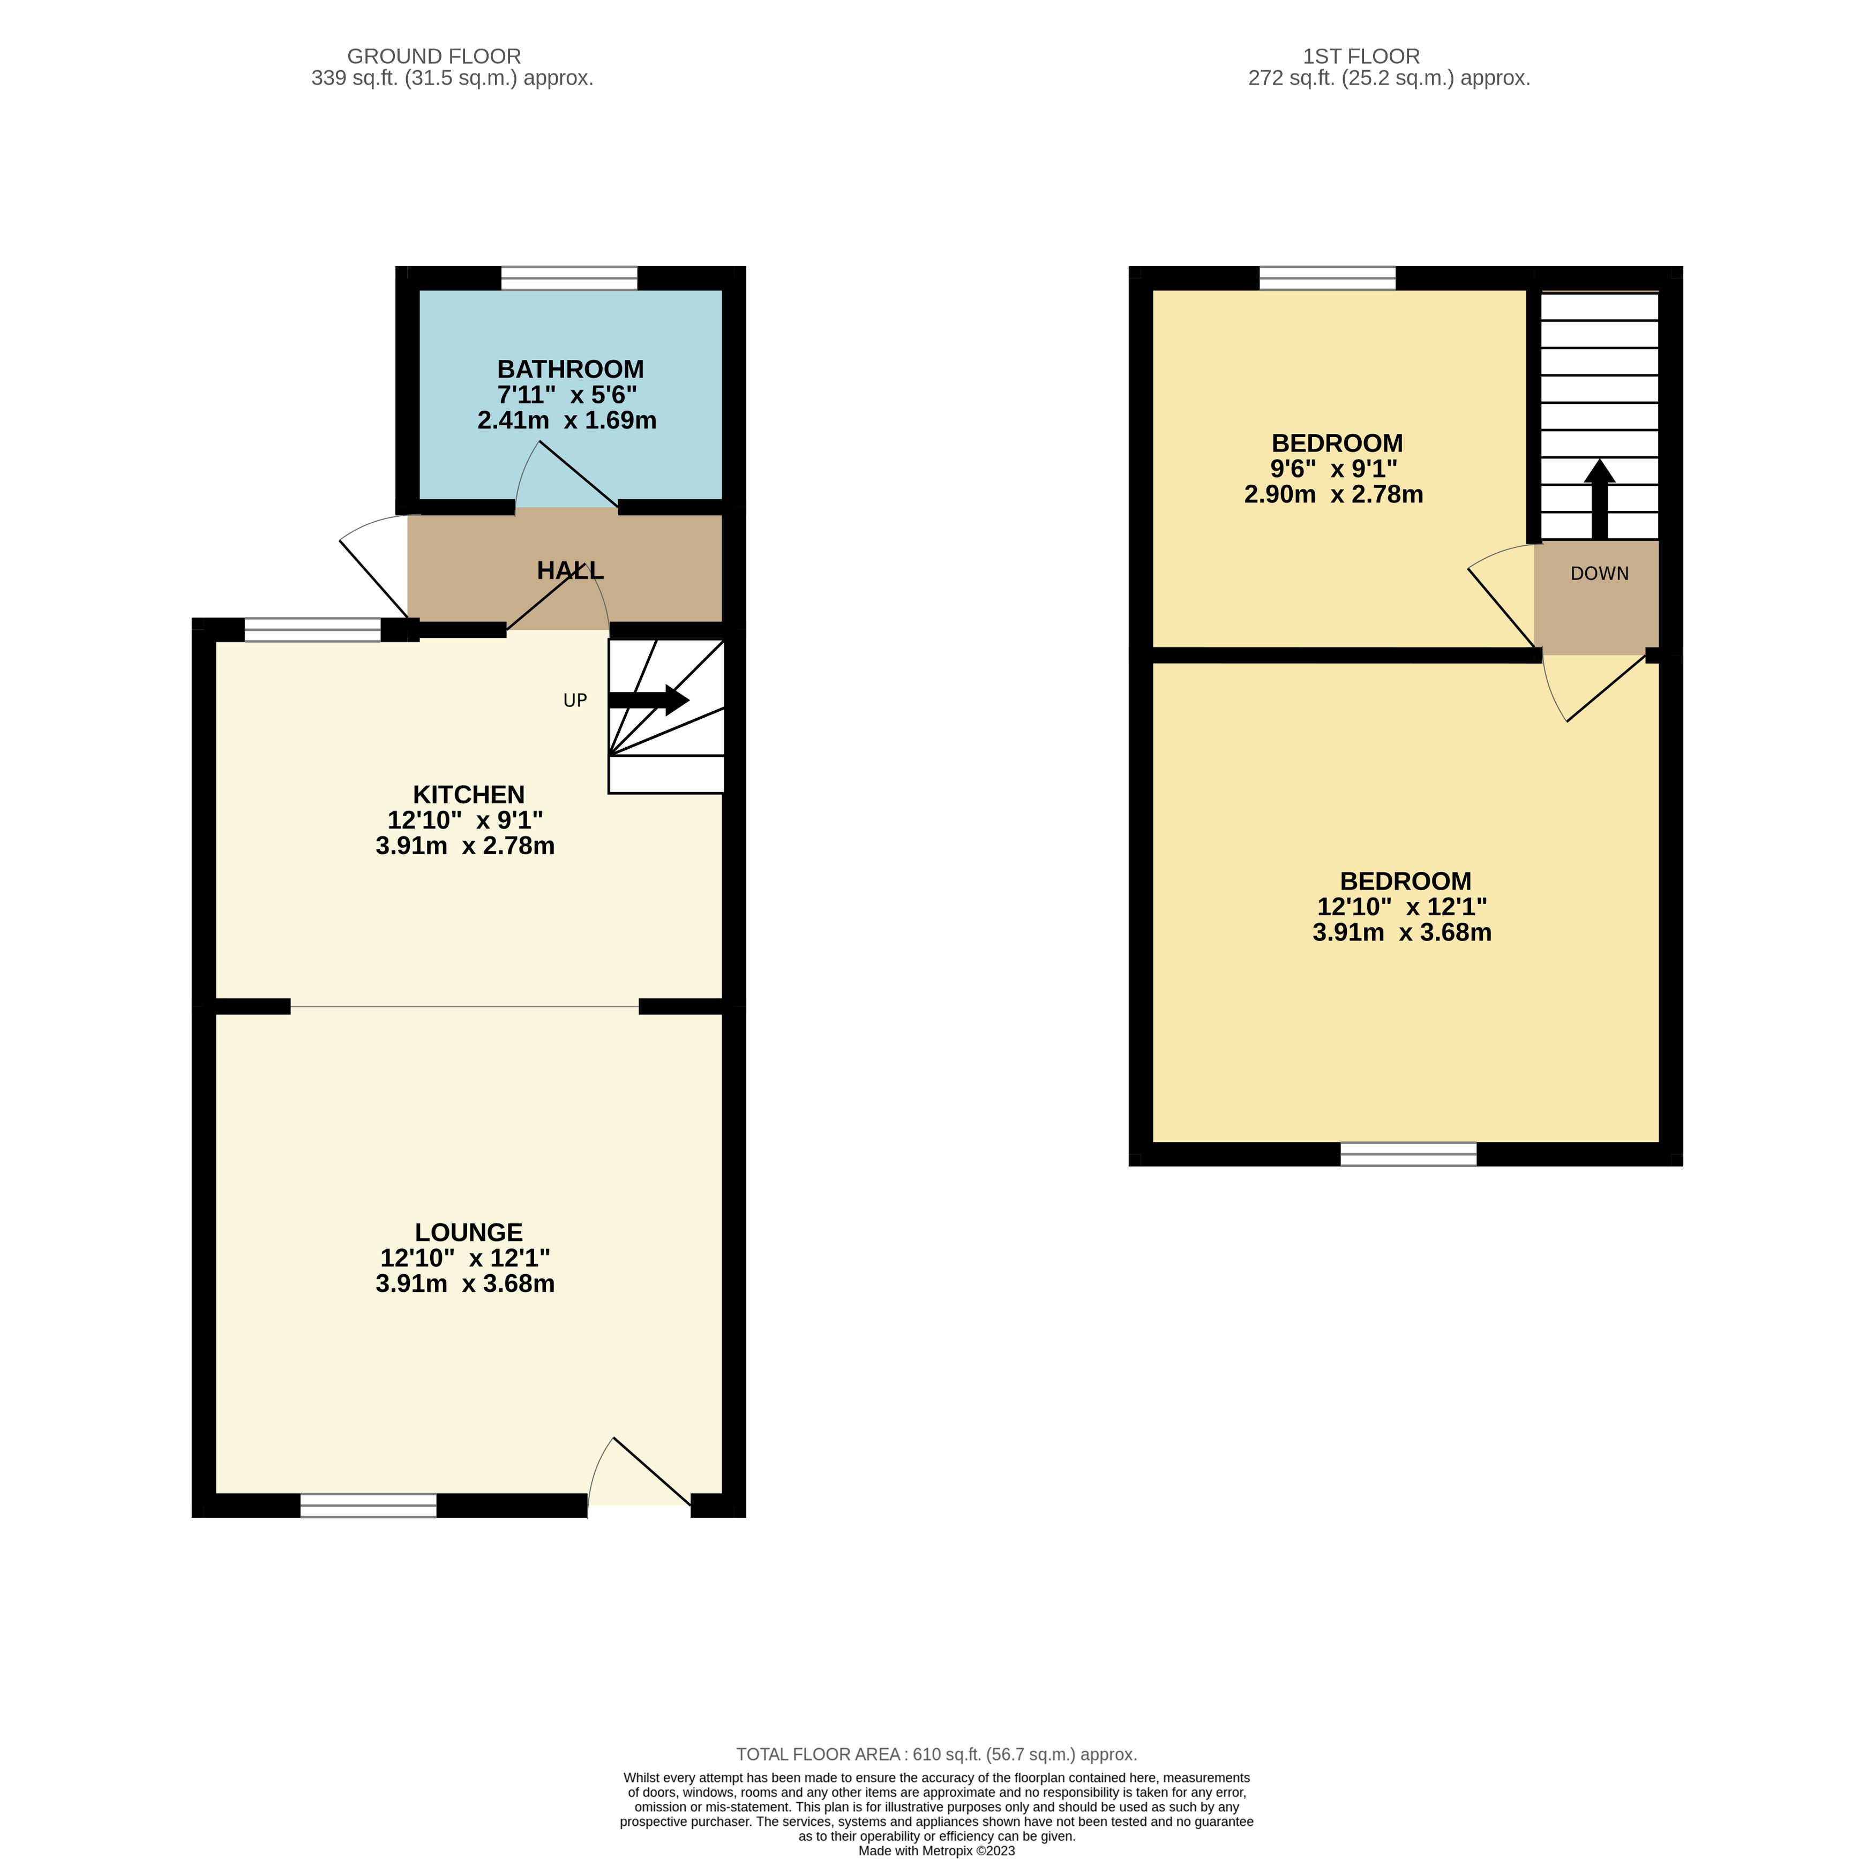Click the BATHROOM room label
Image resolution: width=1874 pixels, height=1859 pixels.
tap(571, 370)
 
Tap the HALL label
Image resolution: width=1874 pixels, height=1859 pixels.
tap(571, 571)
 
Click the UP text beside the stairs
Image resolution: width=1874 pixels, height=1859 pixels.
tap(575, 700)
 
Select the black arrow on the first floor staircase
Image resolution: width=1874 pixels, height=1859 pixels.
tap(1600, 499)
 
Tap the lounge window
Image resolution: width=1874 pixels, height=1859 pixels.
tap(369, 1505)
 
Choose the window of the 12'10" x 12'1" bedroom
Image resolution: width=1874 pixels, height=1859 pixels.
tap(1408, 1154)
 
